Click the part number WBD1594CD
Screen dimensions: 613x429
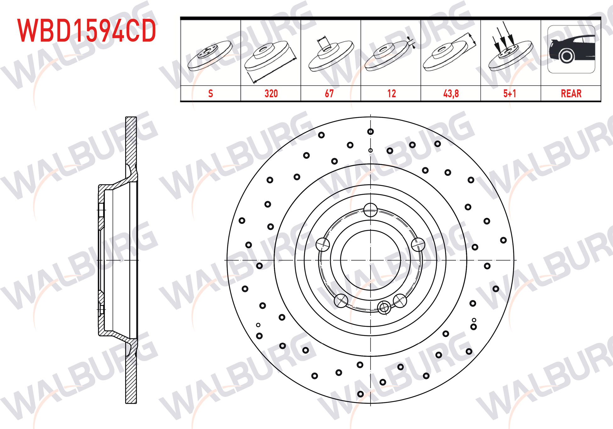[86, 31]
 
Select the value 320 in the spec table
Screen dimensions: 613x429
[271, 93]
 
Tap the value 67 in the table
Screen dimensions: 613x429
[329, 93]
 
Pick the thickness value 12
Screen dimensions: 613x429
[391, 93]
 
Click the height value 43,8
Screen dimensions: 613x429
[451, 93]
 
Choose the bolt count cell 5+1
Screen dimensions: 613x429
[510, 93]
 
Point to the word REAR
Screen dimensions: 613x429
[571, 93]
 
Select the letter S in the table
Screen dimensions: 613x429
[210, 93]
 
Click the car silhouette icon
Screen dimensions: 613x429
[571, 49]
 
